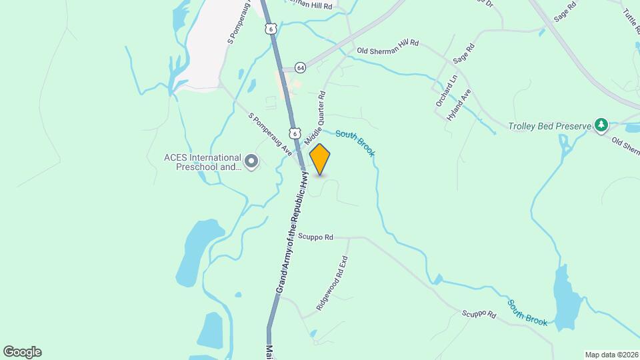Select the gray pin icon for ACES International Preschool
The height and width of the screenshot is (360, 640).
251,162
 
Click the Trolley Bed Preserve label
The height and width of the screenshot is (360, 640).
549,126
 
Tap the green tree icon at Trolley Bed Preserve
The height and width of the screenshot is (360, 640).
601,125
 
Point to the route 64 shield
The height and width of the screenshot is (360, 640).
300,68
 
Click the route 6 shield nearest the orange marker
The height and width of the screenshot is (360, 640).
293,132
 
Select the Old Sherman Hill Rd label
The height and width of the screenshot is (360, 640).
387,46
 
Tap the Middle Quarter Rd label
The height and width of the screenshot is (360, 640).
315,119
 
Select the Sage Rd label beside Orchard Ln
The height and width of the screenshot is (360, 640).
463,54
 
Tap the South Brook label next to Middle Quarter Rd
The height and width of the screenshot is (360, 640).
355,143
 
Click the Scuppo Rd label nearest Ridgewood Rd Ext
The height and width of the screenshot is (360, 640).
315,237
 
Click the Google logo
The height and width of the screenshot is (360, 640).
22,352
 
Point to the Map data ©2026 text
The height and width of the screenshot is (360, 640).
611,355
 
